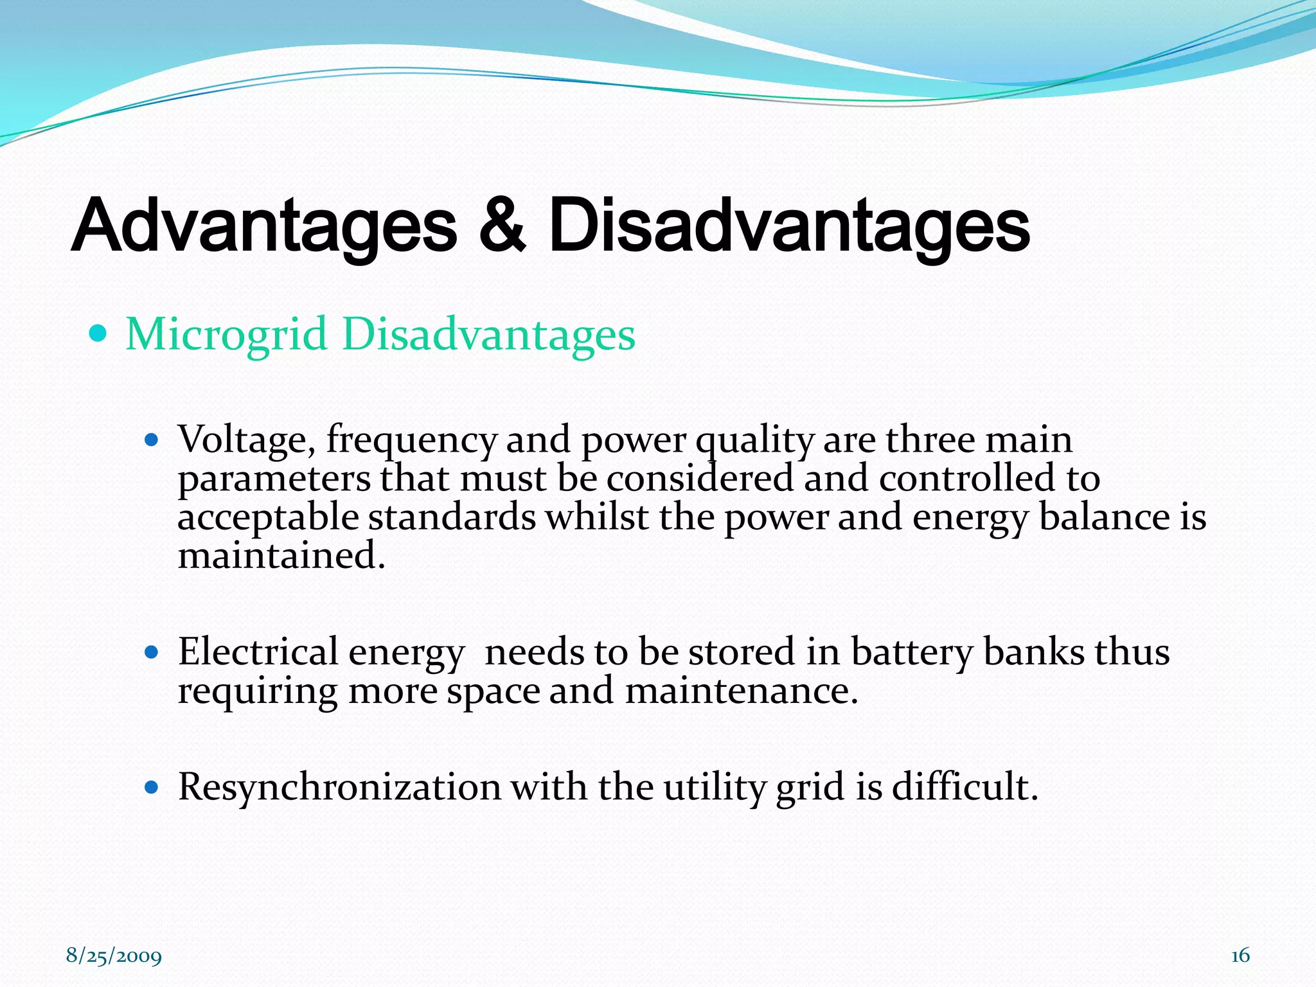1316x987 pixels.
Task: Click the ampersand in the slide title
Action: [x=502, y=226]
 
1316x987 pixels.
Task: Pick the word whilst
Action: [x=597, y=517]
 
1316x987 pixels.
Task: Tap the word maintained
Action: [x=281, y=556]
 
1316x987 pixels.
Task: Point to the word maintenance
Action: [x=742, y=691]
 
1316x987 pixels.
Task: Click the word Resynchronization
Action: [x=339, y=787]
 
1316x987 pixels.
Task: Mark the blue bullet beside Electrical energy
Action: [x=152, y=652]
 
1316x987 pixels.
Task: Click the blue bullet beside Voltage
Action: [x=152, y=441]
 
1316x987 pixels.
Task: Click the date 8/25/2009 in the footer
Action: [x=114, y=956]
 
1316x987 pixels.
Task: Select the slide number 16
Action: [x=1240, y=956]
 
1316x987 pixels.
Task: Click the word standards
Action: [x=452, y=517]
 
